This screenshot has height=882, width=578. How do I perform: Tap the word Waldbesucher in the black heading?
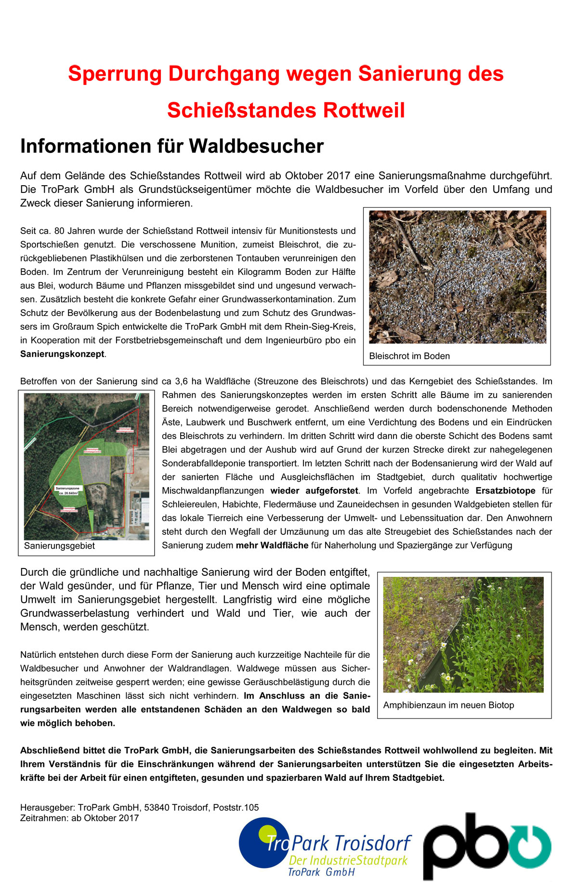point(256,146)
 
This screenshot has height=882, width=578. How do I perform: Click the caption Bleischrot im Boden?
point(409,356)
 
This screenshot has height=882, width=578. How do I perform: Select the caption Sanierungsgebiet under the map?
point(59,546)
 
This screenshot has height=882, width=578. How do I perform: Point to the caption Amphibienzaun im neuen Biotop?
point(448,705)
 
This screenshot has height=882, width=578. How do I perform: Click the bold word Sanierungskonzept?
point(62,354)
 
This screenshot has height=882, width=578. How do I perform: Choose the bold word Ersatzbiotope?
point(505,491)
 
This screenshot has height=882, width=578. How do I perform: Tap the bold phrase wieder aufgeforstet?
point(314,491)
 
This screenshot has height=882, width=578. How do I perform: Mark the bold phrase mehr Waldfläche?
point(272,545)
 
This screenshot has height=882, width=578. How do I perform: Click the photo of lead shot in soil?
point(457,277)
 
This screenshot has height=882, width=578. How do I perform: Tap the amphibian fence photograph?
point(463,634)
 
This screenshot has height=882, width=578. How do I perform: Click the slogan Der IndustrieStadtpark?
point(348,860)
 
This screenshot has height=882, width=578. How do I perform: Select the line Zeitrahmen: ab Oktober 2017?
point(79,818)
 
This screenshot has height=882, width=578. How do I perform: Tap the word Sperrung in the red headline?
point(115,74)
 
